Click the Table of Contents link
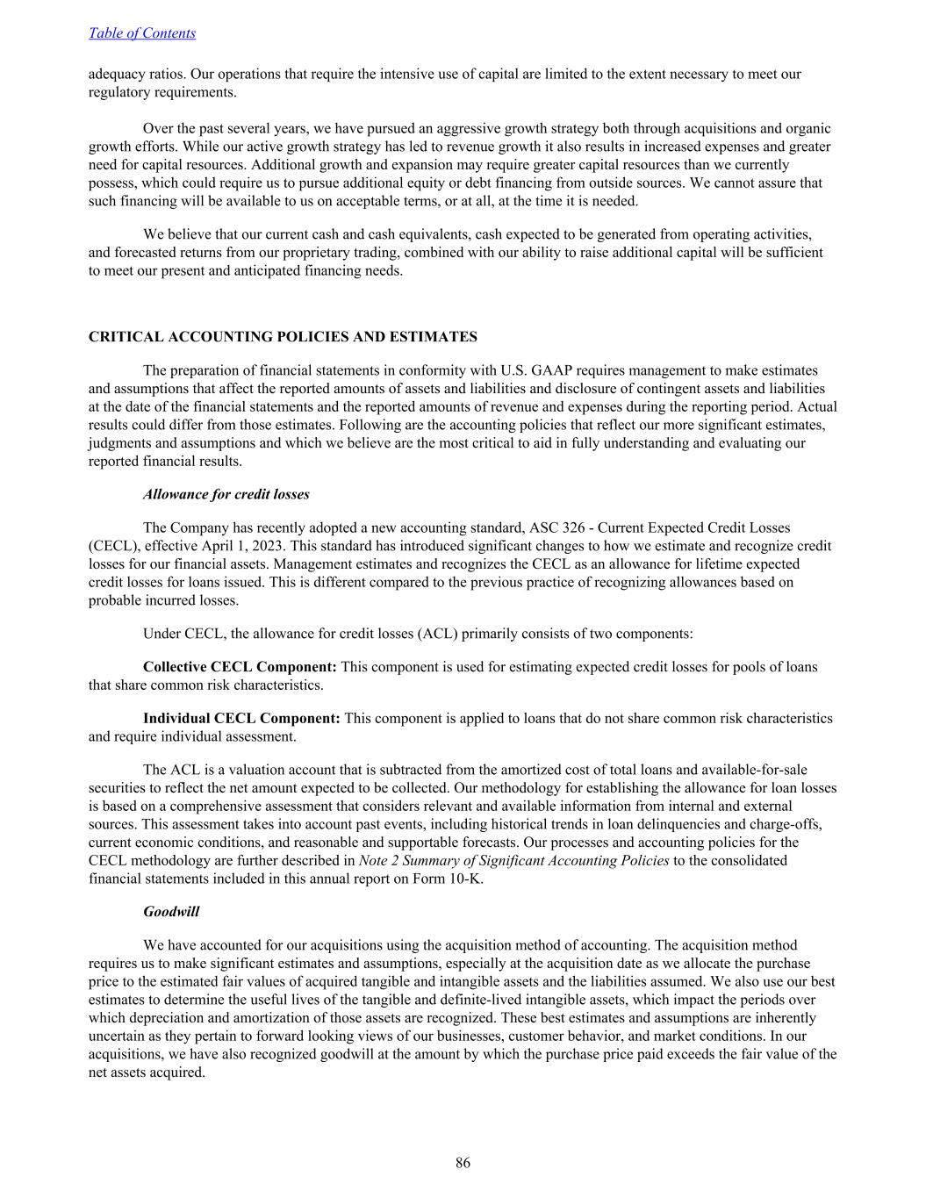[x=141, y=33]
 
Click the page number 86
[x=463, y=1163]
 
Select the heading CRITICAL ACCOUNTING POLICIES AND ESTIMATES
[x=283, y=337]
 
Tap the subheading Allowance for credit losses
[x=226, y=494]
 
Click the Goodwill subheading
[x=171, y=912]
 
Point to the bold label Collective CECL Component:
[x=240, y=667]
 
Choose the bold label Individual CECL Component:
[x=241, y=718]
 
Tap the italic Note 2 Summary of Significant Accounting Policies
[x=513, y=860]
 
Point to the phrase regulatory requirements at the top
[x=162, y=92]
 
